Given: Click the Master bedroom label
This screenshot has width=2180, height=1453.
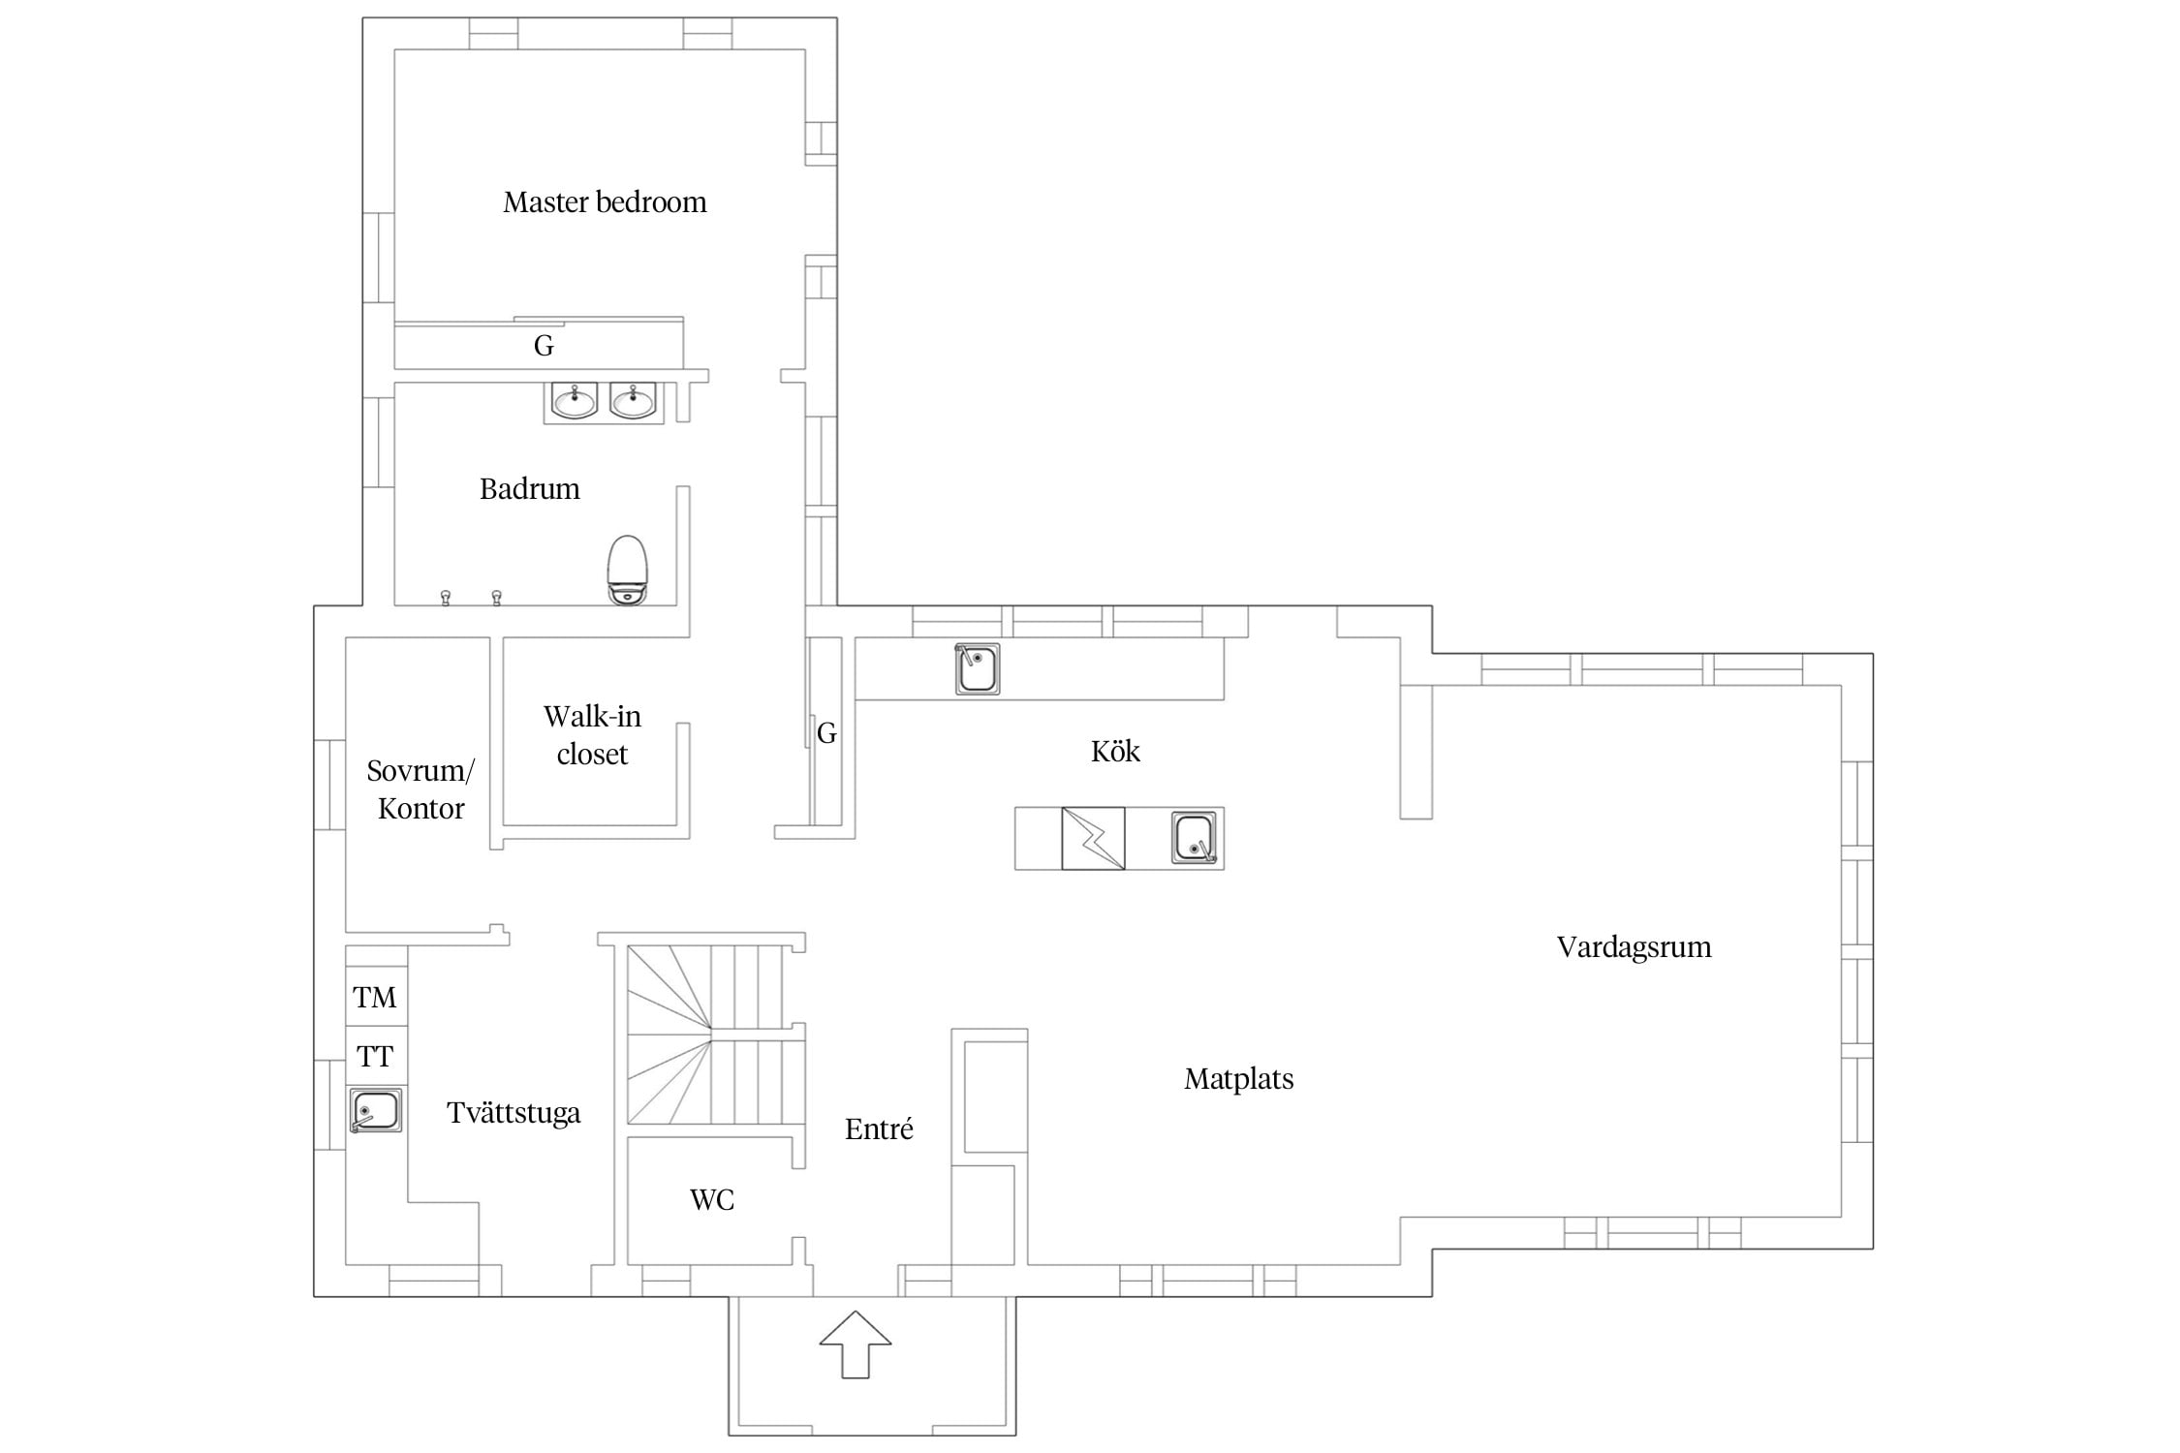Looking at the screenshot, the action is pos(605,202).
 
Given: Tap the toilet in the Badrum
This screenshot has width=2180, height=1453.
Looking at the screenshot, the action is pos(627,571).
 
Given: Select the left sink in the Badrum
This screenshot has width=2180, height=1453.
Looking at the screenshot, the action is pos(575,401).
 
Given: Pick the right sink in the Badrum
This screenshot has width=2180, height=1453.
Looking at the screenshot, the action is pos(633,401).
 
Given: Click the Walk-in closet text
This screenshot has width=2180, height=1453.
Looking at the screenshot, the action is pos(592,735).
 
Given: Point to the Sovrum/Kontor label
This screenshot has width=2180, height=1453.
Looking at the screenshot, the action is pos(420,789).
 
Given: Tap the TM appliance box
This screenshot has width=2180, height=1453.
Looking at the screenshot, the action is pos(376,996).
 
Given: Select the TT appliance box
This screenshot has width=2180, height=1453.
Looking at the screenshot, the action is pos(376,1056).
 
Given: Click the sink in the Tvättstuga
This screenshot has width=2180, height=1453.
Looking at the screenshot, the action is pos(376,1110).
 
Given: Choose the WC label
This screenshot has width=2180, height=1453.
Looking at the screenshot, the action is pos(712,1200).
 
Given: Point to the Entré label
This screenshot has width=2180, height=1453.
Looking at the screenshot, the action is pos(879,1128).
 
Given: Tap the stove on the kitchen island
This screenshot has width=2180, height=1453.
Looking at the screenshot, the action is pos(1093,838).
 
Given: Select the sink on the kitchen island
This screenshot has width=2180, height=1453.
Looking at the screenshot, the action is pos(1195,838).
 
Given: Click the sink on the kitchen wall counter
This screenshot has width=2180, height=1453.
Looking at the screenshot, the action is pos(977,668).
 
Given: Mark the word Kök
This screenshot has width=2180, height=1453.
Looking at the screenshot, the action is pos(1115,751).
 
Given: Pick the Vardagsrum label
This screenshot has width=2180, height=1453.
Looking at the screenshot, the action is pos(1634,947).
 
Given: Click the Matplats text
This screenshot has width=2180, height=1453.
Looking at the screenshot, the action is pos(1239,1079).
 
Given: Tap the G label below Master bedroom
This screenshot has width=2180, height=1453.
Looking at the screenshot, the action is pos(544,346).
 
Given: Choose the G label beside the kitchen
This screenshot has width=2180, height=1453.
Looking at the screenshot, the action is pos(826,733).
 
